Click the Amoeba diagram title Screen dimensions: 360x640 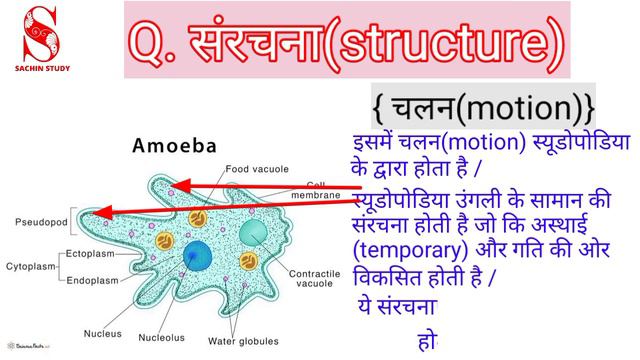(175, 146)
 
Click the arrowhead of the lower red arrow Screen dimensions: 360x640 (107, 211)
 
